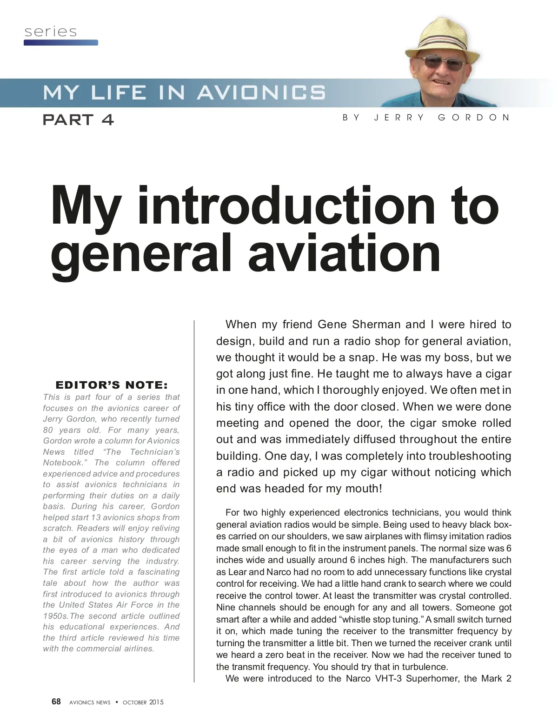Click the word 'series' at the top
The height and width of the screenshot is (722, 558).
[51, 32]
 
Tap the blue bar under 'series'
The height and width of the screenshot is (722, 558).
[61, 43]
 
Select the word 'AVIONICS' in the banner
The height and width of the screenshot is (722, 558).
[261, 93]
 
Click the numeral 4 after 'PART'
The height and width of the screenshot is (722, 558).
[107, 120]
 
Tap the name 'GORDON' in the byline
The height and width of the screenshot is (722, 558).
[474, 118]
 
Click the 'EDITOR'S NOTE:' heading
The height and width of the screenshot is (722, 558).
[112, 385]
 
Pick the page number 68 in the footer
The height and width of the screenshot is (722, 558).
[56, 702]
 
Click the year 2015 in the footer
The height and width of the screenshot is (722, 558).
[157, 702]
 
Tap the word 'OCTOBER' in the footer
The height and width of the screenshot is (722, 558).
[134, 702]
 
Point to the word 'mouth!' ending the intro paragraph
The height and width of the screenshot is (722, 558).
[365, 489]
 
